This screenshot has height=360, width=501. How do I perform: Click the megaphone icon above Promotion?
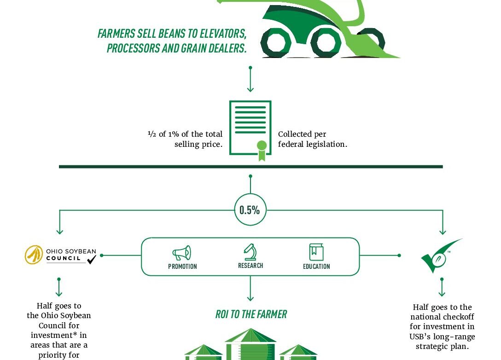[x=182, y=253]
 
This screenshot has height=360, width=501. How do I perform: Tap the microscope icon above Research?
[x=250, y=252]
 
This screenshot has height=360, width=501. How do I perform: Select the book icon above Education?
[x=316, y=252]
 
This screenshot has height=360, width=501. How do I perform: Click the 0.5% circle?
[x=250, y=210]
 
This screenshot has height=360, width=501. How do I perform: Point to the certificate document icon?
[x=250, y=128]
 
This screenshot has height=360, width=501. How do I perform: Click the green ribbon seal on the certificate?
[x=262, y=151]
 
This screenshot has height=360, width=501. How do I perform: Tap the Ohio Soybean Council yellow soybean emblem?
[x=34, y=255]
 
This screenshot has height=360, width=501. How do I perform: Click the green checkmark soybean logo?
[x=441, y=255]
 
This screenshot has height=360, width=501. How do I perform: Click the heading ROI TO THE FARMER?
[x=251, y=314]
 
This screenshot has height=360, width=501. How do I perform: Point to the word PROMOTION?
[x=182, y=267]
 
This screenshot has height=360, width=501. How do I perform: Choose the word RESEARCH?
[x=250, y=266]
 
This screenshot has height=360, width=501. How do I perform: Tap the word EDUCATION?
[x=316, y=267]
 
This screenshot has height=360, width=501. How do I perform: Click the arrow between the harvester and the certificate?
[x=250, y=79]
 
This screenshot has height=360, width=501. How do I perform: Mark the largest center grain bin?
[x=250, y=344]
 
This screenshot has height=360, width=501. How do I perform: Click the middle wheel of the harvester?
[x=326, y=42]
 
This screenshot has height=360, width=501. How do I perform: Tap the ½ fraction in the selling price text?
[x=152, y=134]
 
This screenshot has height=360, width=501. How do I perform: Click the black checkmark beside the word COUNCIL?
[x=91, y=259]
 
